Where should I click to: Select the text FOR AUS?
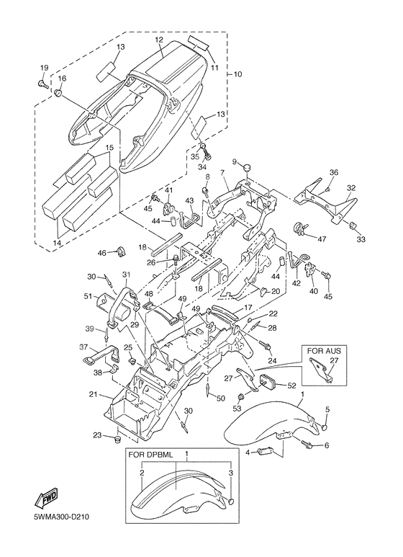(x=324, y=351)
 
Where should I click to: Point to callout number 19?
(x=44, y=68)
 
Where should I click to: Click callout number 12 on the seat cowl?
(x=158, y=40)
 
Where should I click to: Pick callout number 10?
(x=237, y=74)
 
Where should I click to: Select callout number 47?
(x=322, y=239)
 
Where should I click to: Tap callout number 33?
(x=361, y=240)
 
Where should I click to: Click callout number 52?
(x=291, y=386)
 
